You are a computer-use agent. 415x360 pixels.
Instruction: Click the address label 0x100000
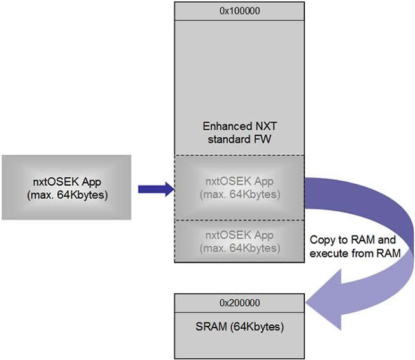[x=238, y=11]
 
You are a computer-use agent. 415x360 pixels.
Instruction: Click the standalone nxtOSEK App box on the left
[x=66, y=188]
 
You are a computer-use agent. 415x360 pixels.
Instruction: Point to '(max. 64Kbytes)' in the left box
[x=66, y=194]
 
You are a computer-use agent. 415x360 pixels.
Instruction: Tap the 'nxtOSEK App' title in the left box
[x=66, y=182]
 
